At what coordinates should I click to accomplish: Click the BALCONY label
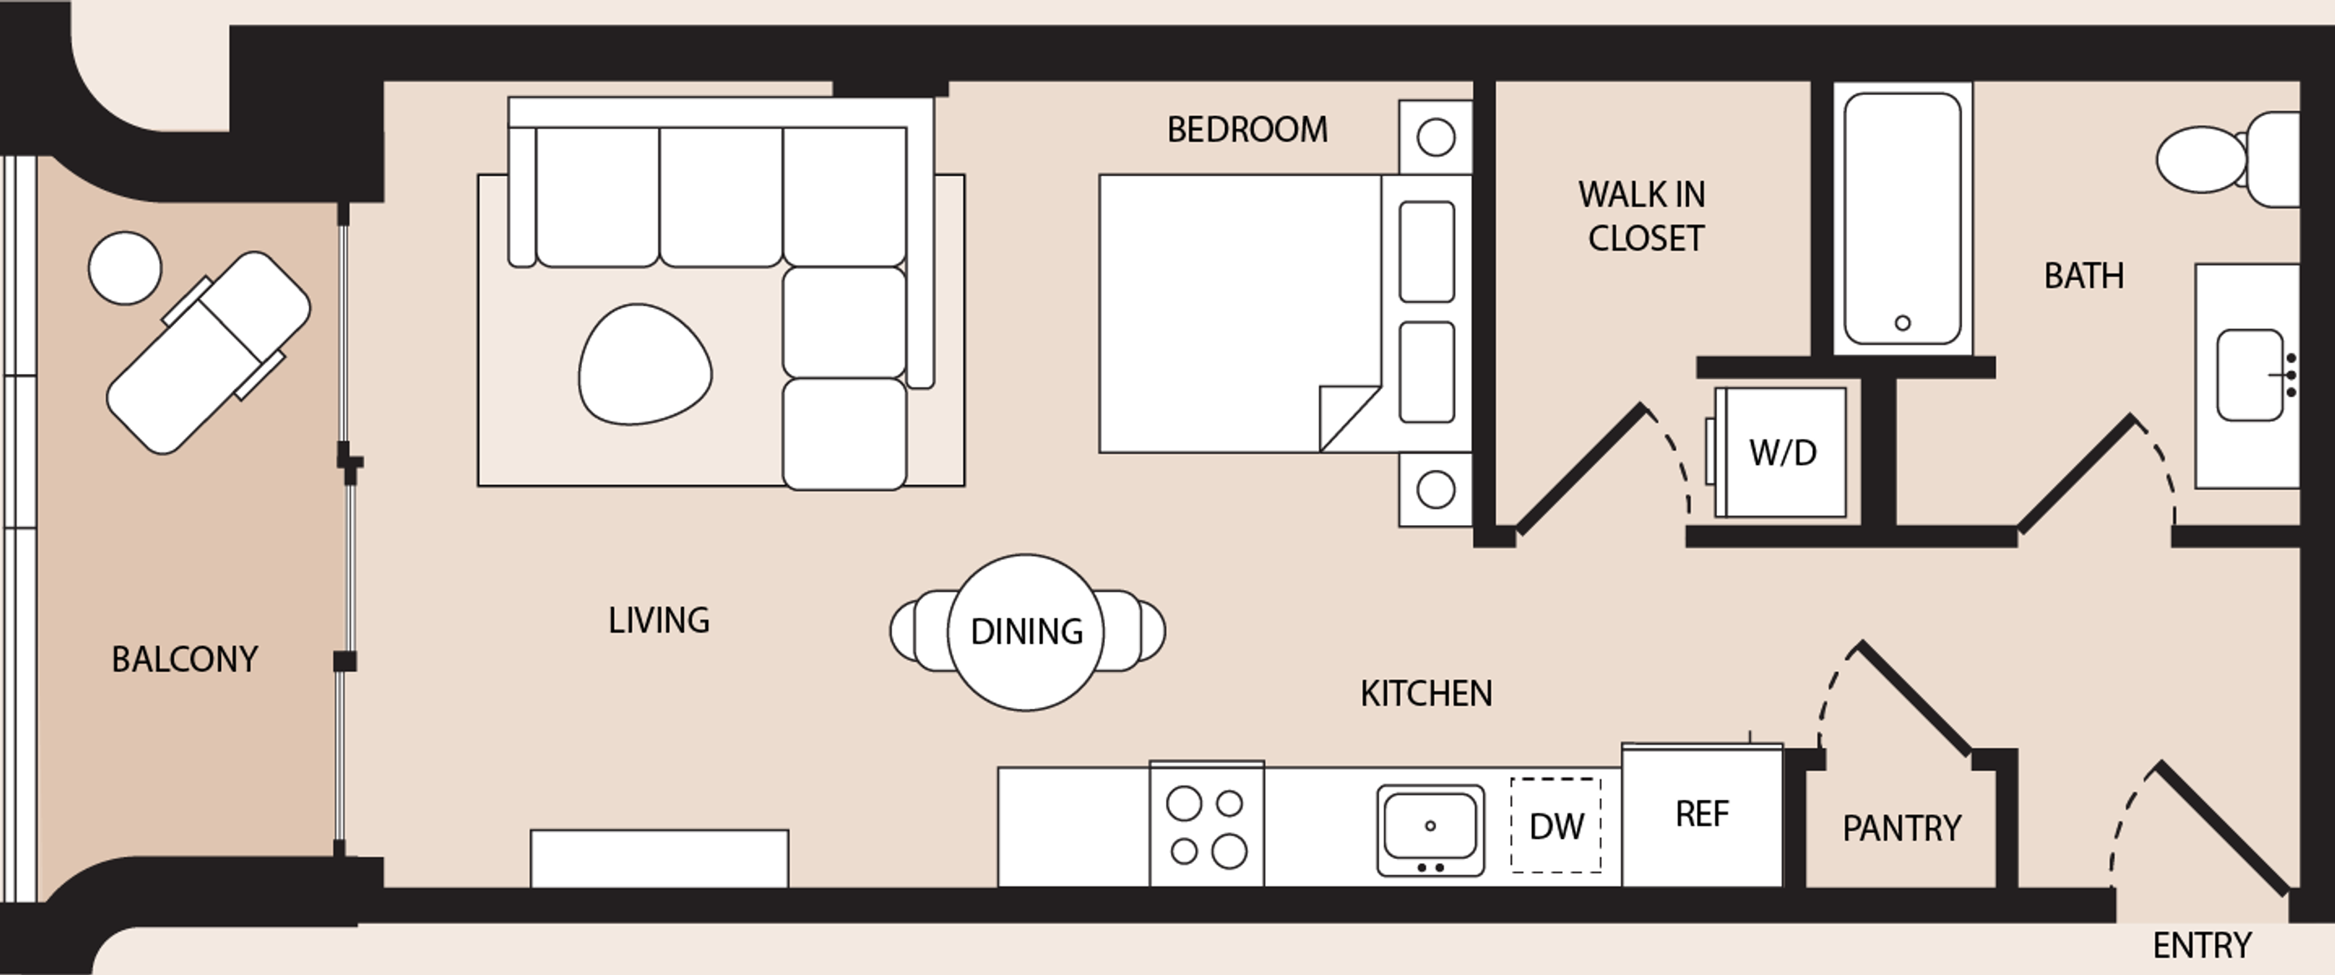click(185, 659)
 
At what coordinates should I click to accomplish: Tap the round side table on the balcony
click(125, 268)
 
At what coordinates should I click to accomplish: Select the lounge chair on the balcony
click(208, 353)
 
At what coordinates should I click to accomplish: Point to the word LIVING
click(659, 620)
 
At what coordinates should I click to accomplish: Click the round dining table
click(1026, 632)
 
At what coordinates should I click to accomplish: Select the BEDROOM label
click(1248, 129)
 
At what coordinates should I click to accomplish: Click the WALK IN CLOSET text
click(1643, 216)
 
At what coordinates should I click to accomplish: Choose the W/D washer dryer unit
click(1781, 452)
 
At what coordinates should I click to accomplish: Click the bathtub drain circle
click(1903, 323)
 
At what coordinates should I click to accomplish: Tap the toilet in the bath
click(2228, 159)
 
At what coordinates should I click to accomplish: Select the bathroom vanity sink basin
click(2250, 375)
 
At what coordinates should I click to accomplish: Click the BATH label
click(2084, 275)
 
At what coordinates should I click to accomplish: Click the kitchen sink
click(1430, 831)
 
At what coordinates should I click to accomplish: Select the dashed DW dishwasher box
click(1555, 826)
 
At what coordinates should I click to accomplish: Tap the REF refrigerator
click(1701, 815)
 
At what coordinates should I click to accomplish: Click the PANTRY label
click(1901, 828)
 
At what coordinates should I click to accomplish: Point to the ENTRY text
click(2202, 946)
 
